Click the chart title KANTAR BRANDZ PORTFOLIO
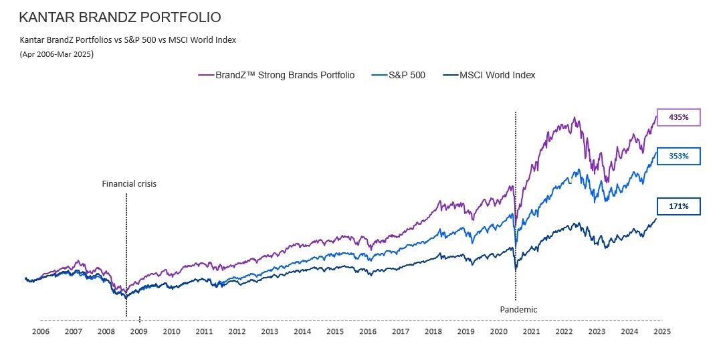tap(120, 17)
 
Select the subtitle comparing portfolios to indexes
tap(128, 40)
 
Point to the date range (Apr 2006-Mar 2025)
tap(57, 54)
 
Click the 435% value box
tap(678, 117)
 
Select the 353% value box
tap(678, 156)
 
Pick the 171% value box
tap(678, 207)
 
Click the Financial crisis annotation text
tap(129, 183)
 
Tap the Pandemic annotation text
tap(518, 309)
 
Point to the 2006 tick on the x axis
tap(41, 331)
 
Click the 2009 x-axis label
tap(138, 331)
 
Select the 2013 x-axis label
tap(270, 331)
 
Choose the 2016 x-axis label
tap(367, 331)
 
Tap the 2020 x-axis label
tap(498, 331)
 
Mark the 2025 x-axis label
tap(662, 331)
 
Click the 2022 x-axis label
tap(564, 331)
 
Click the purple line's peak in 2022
tap(575, 118)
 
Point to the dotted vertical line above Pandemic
tap(515, 201)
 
